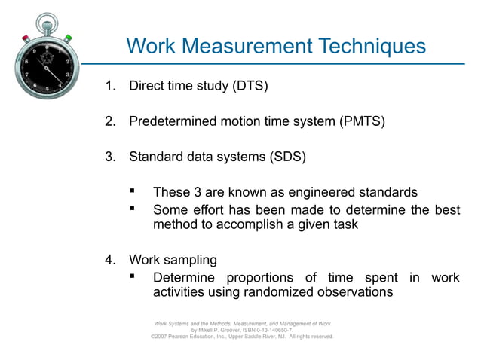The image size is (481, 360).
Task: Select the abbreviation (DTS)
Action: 250,85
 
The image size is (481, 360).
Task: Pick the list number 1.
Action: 109,85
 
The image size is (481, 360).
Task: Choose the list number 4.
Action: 109,260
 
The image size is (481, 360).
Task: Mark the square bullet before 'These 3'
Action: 133,191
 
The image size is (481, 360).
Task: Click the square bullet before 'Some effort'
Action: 133,208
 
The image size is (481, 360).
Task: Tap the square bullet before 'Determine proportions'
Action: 133,276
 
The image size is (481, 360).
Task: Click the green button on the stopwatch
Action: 68,37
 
